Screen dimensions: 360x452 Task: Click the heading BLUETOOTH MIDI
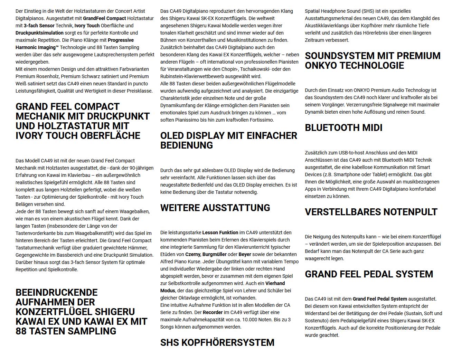[x=343, y=128]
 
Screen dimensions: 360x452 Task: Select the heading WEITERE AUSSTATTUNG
[x=215, y=208]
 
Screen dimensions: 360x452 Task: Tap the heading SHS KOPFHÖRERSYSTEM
[x=217, y=342]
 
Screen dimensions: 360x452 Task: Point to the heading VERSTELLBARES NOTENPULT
[x=371, y=212]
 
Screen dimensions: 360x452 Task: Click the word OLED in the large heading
[x=174, y=136]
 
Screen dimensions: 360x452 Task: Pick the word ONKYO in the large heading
[x=322, y=65]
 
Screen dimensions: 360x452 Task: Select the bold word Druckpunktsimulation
[x=39, y=33]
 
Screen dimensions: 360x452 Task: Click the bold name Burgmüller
[x=215, y=254]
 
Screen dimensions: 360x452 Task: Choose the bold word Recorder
[x=213, y=312]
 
